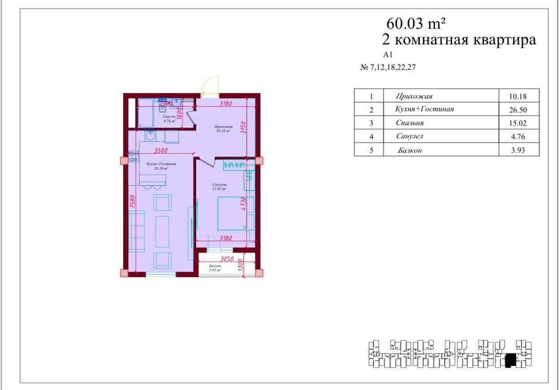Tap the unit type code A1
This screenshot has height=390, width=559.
click(389, 55)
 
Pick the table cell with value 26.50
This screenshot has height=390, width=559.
click(513, 110)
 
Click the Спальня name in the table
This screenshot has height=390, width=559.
click(409, 123)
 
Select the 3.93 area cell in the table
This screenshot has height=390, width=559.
click(513, 150)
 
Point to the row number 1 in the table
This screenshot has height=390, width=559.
click(364, 96)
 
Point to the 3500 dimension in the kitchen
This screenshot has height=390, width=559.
click(161, 150)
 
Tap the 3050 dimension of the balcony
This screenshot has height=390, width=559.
click(226, 259)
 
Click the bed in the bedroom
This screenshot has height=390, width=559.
click(230, 213)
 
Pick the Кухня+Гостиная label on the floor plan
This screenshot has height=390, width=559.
click(161, 164)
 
